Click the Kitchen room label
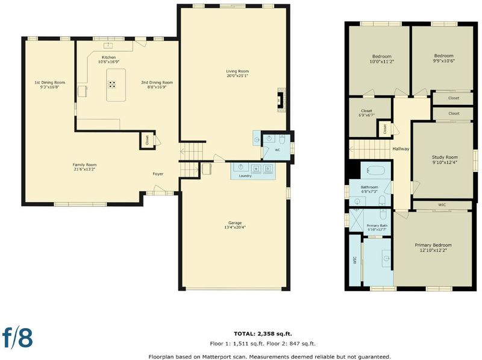pyautogui.click(x=109, y=57)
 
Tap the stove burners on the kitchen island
pyautogui.click(x=112, y=84)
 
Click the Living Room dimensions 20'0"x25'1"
pyautogui.click(x=237, y=76)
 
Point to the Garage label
pyautogui.click(x=235, y=223)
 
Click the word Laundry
pyautogui.click(x=245, y=176)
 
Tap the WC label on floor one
pyautogui.click(x=277, y=150)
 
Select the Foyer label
pyautogui.click(x=158, y=174)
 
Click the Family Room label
pyautogui.click(x=84, y=165)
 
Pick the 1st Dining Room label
pyautogui.click(x=49, y=83)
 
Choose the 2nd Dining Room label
pyautogui.click(x=157, y=83)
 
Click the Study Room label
pyautogui.click(x=445, y=157)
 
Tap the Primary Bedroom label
pyautogui.click(x=433, y=245)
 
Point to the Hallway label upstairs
pyautogui.click(x=401, y=149)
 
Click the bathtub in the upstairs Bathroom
pyautogui.click(x=375, y=171)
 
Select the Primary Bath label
pyautogui.click(x=377, y=226)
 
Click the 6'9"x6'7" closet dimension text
pyautogui.click(x=366, y=115)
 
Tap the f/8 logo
pyautogui.click(x=17, y=337)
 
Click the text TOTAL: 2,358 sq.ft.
pyautogui.click(x=263, y=334)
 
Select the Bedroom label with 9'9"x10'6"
pyautogui.click(x=443, y=55)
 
